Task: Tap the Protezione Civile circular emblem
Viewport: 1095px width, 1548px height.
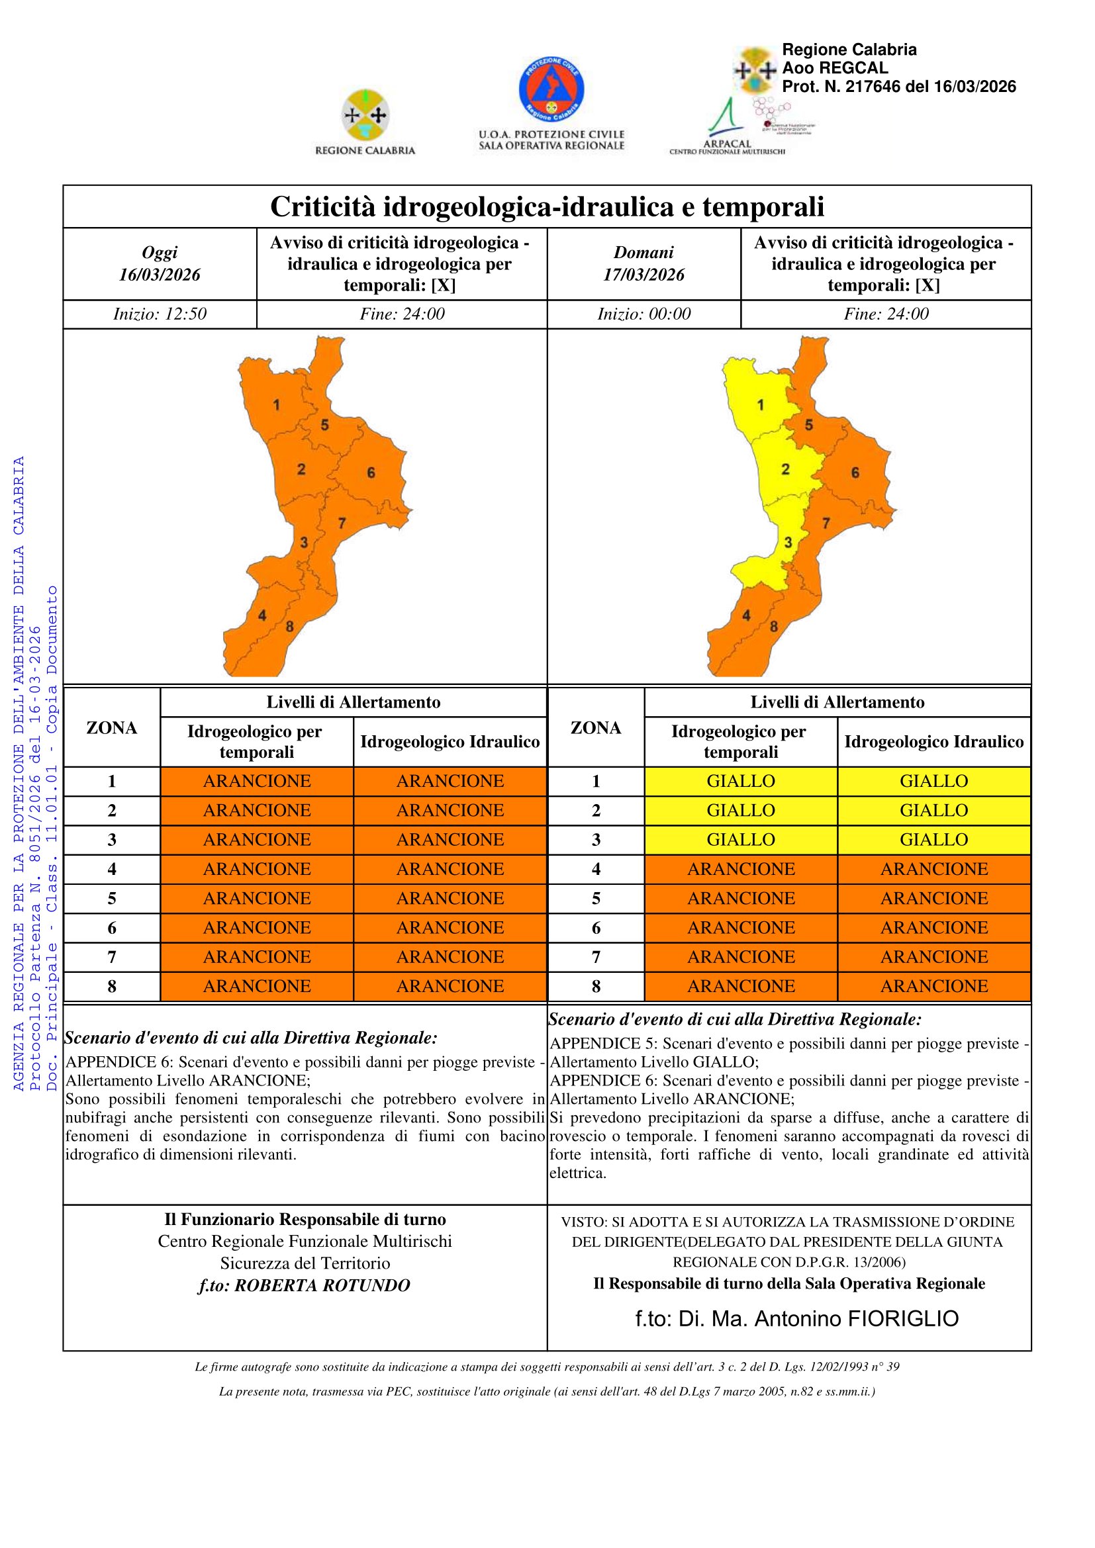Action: pos(551,91)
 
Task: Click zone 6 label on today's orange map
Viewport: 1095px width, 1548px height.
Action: pos(371,473)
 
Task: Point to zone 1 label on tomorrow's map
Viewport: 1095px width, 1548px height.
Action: pos(761,405)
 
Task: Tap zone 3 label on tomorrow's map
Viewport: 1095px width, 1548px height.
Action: pos(787,542)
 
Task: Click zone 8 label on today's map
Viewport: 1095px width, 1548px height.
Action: pos(289,626)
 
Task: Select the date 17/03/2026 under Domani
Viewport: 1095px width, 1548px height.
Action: pos(643,275)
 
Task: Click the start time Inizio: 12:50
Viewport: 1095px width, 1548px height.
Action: pos(160,314)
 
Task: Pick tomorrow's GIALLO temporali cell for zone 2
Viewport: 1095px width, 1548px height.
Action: pos(740,811)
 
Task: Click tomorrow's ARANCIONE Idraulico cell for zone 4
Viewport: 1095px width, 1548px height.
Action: pos(934,869)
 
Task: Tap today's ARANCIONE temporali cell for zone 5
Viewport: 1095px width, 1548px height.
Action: pos(257,899)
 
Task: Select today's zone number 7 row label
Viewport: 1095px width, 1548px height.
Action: pos(112,958)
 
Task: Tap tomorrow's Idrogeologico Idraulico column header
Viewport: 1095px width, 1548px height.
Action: pos(934,742)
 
